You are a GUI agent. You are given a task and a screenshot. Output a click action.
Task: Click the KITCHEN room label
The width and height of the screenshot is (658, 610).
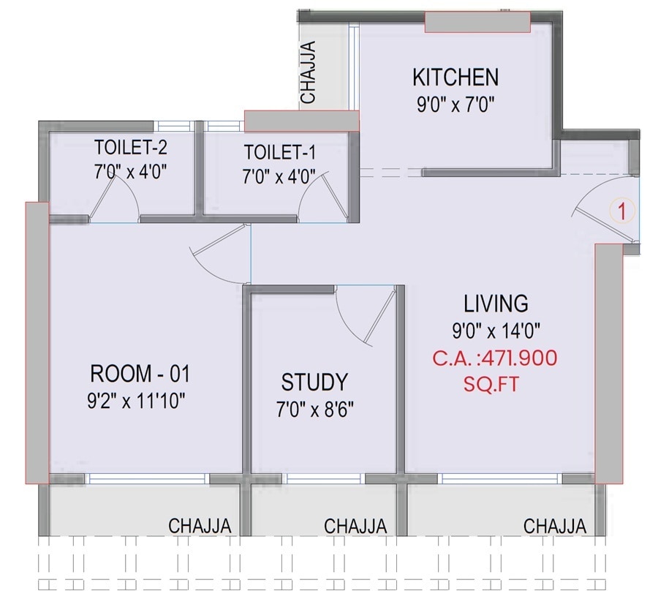tap(455, 77)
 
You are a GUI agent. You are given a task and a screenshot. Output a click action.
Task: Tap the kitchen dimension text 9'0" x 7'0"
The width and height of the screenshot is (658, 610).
tap(456, 105)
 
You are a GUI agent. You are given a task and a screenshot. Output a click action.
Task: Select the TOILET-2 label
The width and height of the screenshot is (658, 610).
tap(131, 148)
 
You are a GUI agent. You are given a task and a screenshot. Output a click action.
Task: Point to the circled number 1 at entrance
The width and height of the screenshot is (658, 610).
tap(621, 213)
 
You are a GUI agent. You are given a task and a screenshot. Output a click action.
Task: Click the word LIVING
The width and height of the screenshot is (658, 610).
tap(496, 303)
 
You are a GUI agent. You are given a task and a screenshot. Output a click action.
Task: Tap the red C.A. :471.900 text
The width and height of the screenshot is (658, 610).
tap(495, 358)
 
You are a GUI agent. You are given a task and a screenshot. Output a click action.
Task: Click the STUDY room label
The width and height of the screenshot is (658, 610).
tap(314, 382)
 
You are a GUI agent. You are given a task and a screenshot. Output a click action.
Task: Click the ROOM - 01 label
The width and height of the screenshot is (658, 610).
tap(140, 374)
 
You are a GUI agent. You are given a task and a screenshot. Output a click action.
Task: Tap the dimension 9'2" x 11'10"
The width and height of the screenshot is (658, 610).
tap(140, 401)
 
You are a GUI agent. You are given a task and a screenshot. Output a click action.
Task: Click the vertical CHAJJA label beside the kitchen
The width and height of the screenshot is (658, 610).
tap(309, 72)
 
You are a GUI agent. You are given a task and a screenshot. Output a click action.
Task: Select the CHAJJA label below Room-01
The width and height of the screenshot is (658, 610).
tap(200, 526)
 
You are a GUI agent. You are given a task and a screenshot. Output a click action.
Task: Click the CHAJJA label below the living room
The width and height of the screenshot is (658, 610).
tap(555, 526)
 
